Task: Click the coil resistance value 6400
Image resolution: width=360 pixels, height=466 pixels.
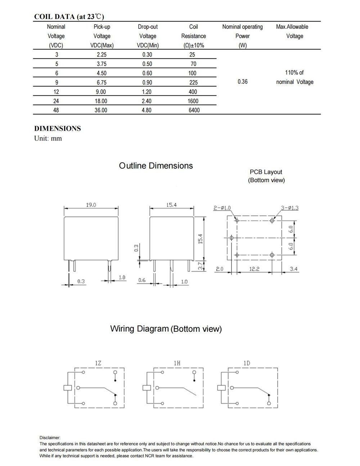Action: [x=194, y=110]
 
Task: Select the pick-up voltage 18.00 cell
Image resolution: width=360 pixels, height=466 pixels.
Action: [x=101, y=101]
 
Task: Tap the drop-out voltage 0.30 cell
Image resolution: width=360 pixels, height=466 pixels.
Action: [x=147, y=55]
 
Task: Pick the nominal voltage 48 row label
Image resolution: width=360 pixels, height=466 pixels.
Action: [x=56, y=110]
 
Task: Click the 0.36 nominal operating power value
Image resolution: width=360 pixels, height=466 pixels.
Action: [x=243, y=82]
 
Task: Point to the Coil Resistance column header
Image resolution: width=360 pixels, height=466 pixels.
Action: [x=194, y=36]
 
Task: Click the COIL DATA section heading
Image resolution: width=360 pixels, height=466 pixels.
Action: [x=69, y=17]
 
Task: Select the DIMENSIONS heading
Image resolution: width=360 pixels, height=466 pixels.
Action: [x=58, y=129]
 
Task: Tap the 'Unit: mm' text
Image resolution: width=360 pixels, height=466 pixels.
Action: [x=48, y=138]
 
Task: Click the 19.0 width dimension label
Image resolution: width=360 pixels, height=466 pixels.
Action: [x=91, y=205]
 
